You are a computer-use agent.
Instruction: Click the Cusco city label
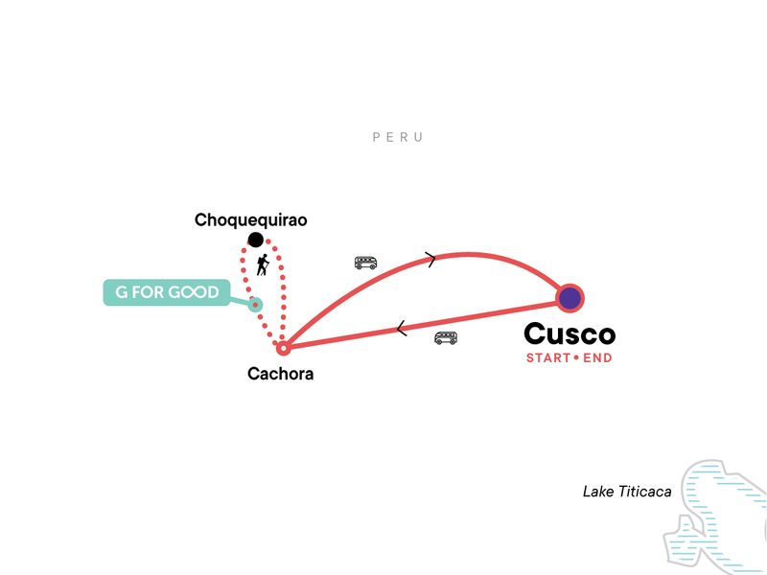coord(569,334)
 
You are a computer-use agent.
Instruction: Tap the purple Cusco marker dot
coord(569,297)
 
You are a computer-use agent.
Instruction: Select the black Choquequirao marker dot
coord(255,239)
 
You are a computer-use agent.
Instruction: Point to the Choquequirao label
coord(250,220)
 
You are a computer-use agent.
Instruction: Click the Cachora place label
coord(280,374)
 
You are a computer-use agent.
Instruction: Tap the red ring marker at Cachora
coord(283,348)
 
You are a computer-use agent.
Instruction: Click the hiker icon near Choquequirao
coord(262,264)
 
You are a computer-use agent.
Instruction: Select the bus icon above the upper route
coord(365,262)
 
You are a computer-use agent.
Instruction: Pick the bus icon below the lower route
coord(446,337)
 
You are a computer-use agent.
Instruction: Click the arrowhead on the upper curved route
coord(430,259)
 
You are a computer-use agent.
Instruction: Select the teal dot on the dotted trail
coord(255,305)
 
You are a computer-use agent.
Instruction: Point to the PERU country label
coord(398,137)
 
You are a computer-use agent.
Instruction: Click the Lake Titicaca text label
coord(626,492)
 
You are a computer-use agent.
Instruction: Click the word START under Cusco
coord(548,358)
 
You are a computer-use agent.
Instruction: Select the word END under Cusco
coord(598,358)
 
